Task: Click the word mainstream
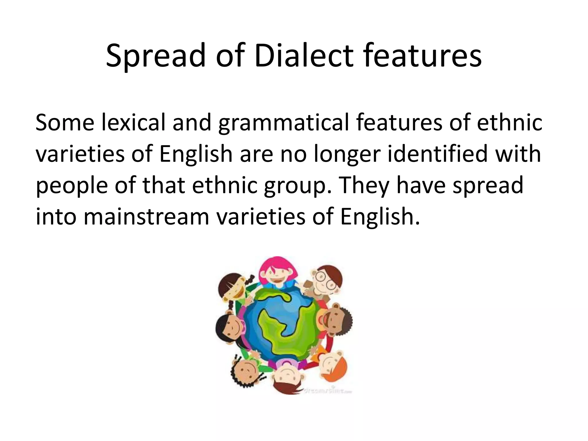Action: (146, 216)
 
